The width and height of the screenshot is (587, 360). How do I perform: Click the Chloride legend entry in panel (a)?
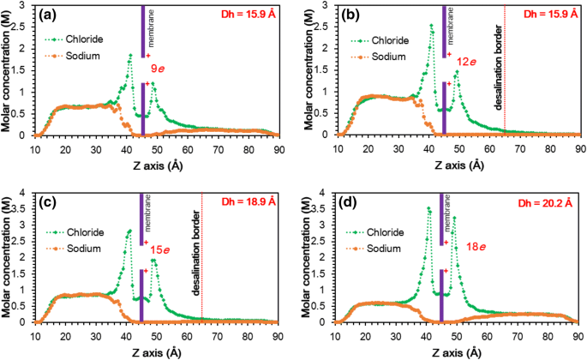pos(82,39)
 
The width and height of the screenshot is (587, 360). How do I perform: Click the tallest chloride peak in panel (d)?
pos(428,208)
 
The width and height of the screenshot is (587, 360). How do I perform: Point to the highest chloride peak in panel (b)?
pos(432,26)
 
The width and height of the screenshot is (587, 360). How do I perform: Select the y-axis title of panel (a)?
pos(7,70)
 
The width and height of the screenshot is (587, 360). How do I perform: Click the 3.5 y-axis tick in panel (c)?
pos(27,208)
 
